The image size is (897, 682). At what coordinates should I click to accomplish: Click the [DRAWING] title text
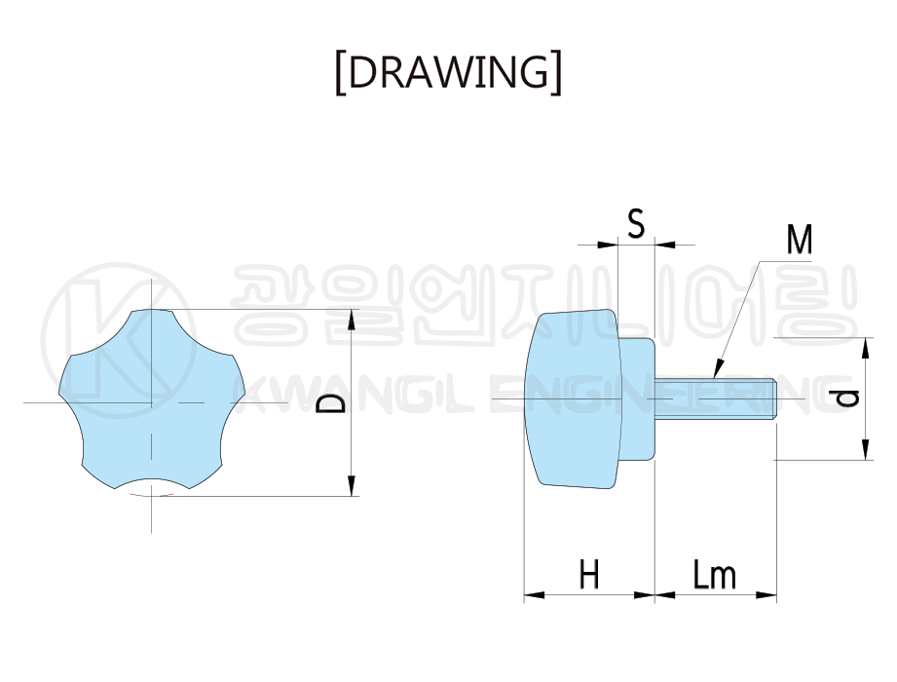pos(448,73)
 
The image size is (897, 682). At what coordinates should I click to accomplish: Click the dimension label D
pos(334,403)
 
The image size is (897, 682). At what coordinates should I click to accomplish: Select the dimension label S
pos(636,225)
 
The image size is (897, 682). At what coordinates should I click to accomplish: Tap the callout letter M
pos(800,240)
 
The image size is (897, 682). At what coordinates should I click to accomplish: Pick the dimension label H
pos(588,574)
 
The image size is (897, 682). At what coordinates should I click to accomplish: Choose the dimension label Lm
pos(715,575)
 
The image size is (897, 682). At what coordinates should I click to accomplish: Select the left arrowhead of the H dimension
pos(532,593)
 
